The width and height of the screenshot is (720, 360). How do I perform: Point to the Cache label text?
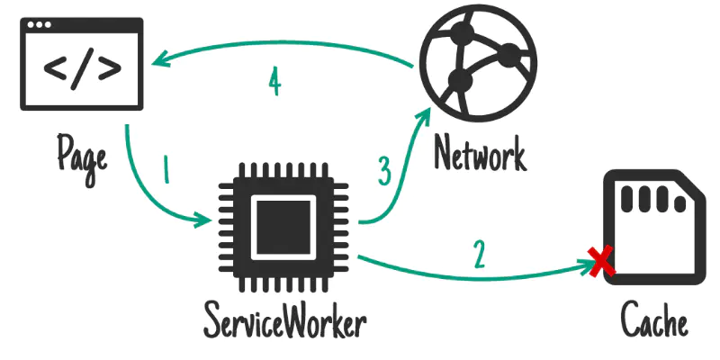coord(654,320)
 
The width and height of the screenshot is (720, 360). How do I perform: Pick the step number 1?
coord(165,170)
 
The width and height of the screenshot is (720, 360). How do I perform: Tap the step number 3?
coord(385,170)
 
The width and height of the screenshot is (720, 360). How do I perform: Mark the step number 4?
coord(274,82)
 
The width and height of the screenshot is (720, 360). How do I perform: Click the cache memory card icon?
coord(653,228)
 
